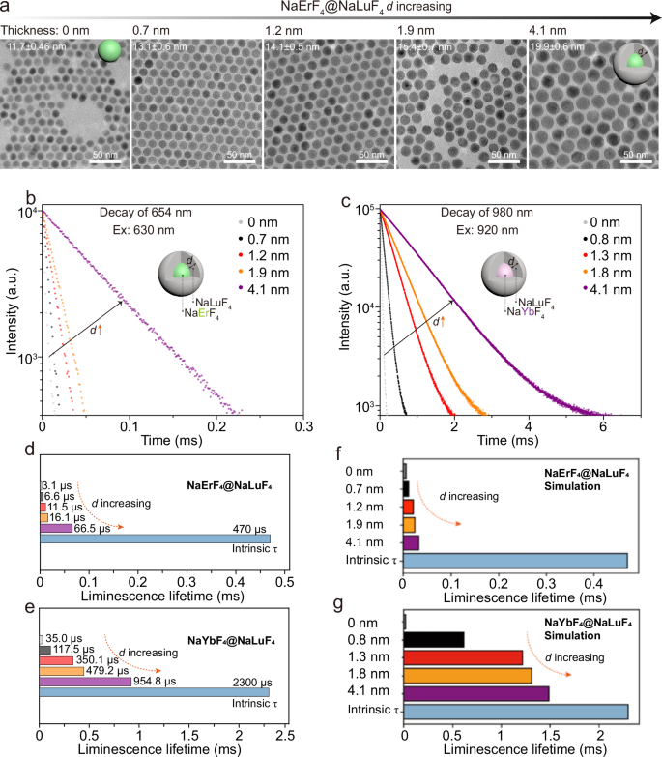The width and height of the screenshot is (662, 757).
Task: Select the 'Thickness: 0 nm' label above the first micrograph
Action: pyautogui.click(x=38, y=30)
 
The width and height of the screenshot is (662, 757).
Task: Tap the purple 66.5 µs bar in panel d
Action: pyautogui.click(x=56, y=529)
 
